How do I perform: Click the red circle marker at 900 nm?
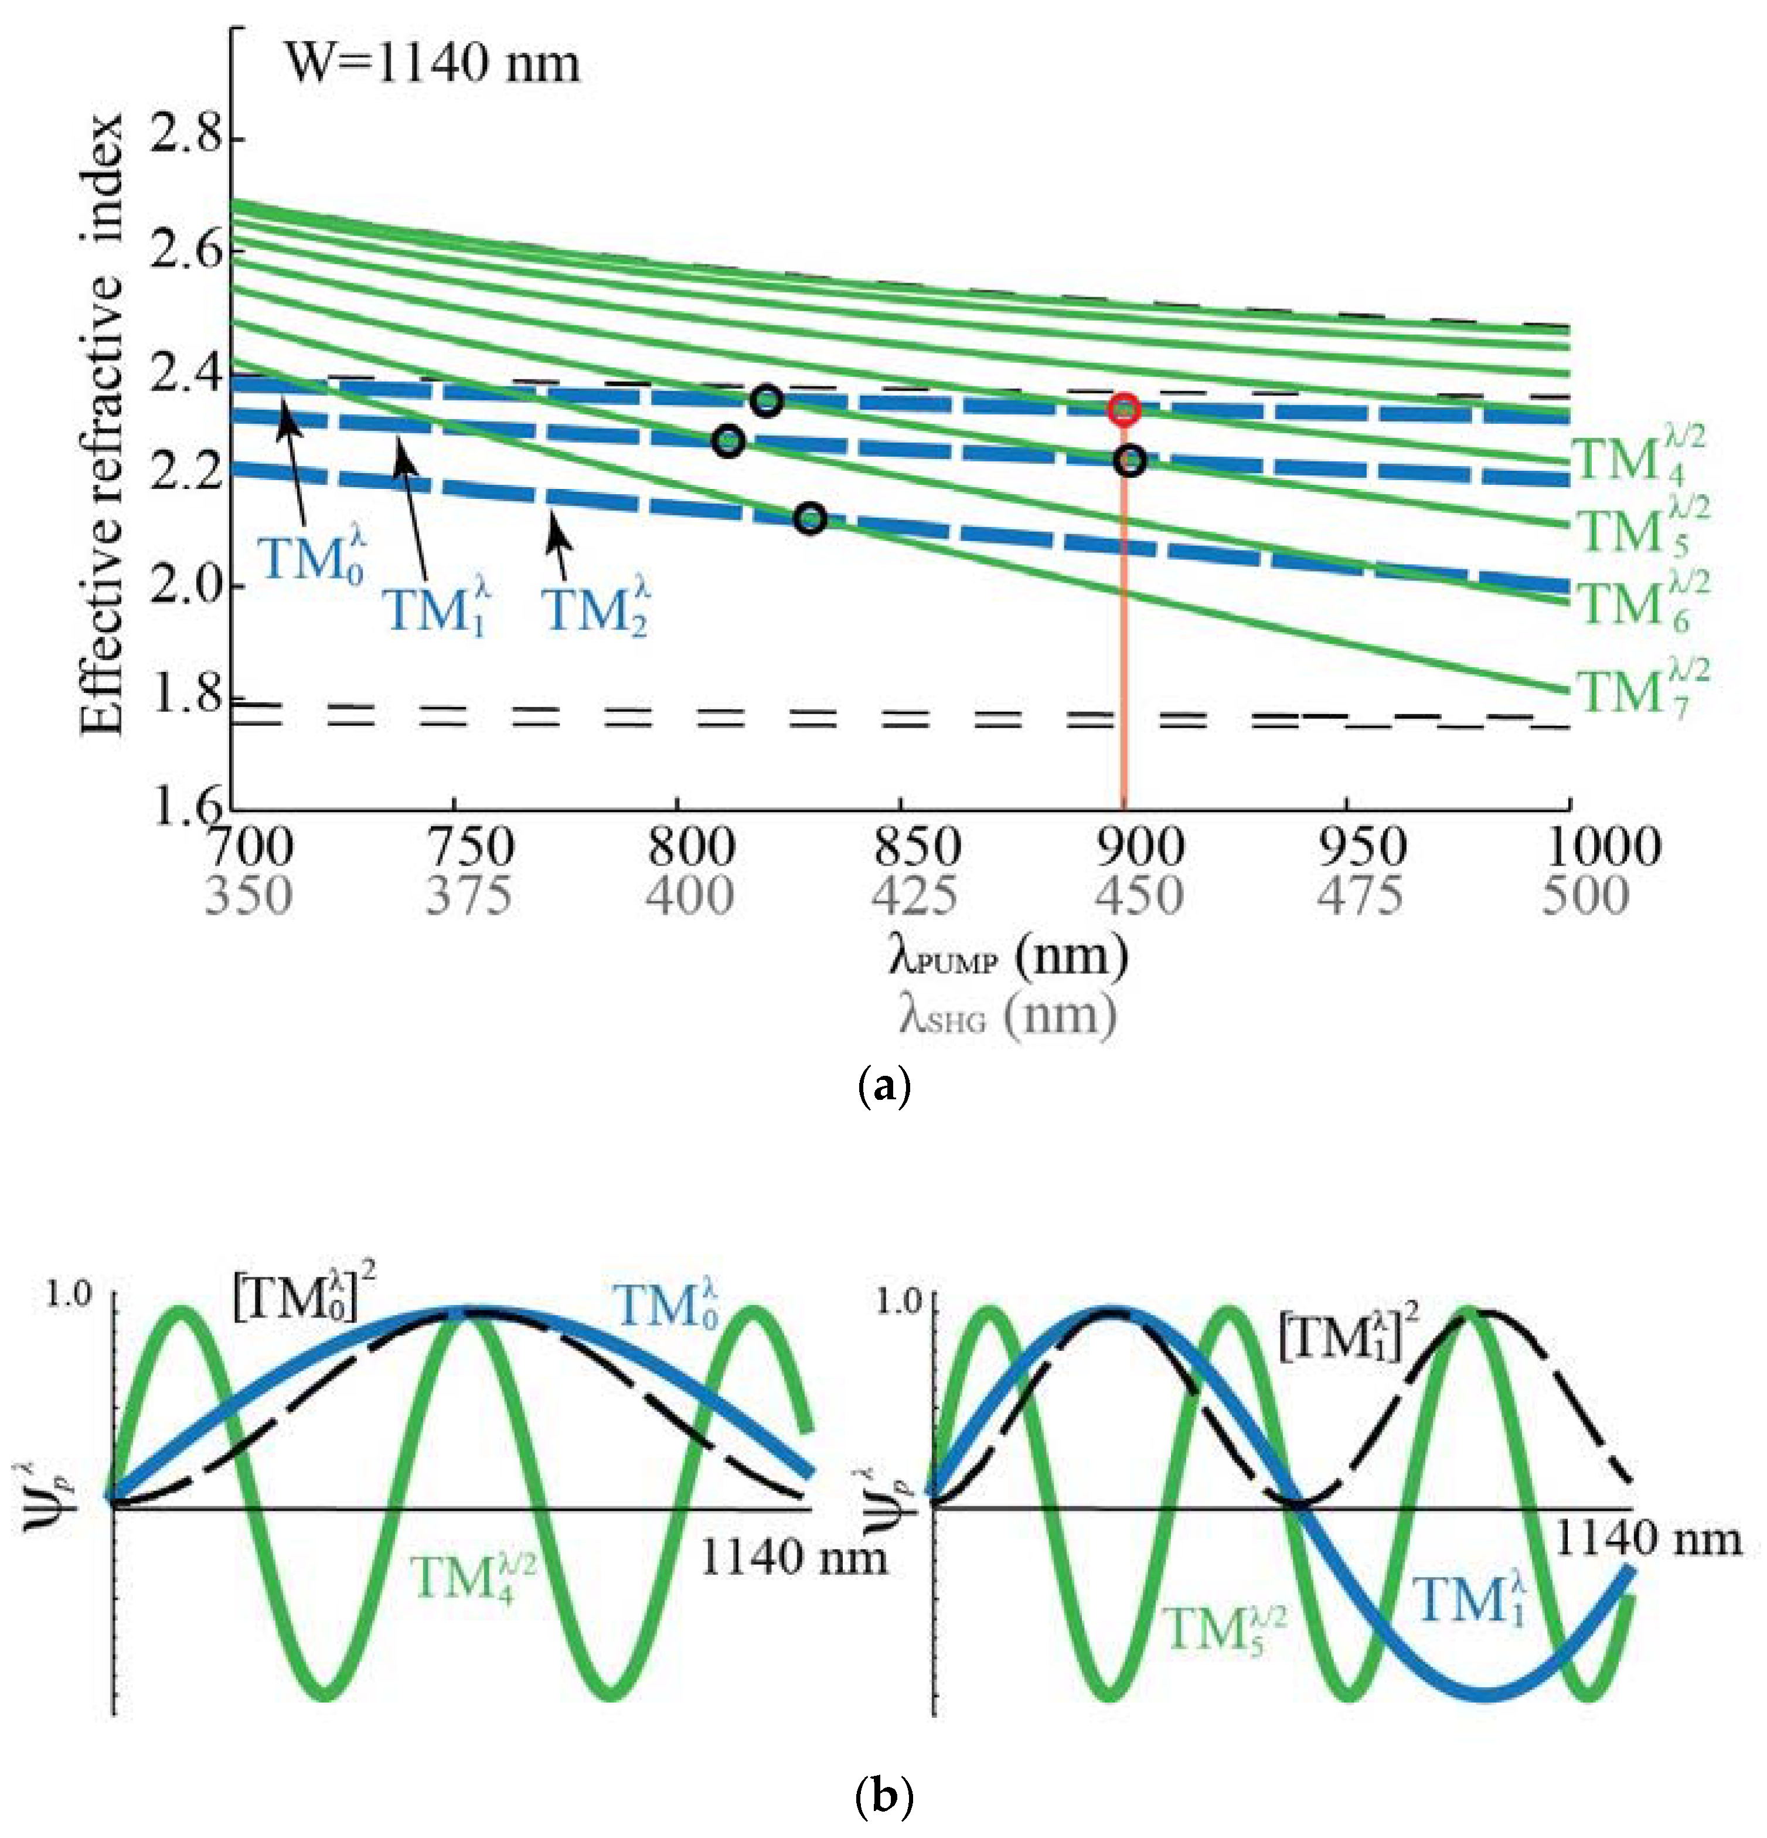(1124, 410)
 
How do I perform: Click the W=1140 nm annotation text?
(432, 64)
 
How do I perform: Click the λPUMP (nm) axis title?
(1007, 956)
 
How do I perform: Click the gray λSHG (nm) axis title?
(1007, 1015)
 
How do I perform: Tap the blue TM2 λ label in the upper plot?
(597, 610)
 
